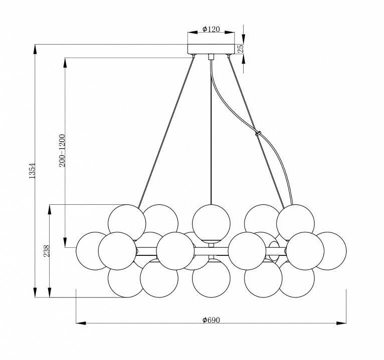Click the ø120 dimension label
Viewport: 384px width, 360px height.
(211, 29)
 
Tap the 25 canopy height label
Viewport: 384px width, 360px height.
(241, 49)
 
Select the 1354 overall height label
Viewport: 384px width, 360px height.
(32, 171)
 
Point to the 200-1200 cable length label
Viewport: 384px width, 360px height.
(62, 150)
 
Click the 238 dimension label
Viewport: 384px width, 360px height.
(47, 251)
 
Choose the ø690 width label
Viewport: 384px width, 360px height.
(211, 319)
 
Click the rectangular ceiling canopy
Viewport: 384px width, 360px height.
(211, 49)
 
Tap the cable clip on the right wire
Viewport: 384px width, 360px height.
(258, 133)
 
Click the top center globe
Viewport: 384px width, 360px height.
(211, 223)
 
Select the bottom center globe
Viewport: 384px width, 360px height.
(211, 278)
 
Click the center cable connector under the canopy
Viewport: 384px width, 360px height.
(211, 57)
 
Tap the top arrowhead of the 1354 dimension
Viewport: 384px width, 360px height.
(35, 49)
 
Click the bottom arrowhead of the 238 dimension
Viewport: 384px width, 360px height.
(50, 292)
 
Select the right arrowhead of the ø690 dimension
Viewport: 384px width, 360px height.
(341, 323)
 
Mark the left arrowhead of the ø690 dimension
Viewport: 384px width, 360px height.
(81, 323)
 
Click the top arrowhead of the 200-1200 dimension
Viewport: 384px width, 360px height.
(65, 63)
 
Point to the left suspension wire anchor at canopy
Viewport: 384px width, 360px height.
(194, 56)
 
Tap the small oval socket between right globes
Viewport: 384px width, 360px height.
(274, 251)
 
